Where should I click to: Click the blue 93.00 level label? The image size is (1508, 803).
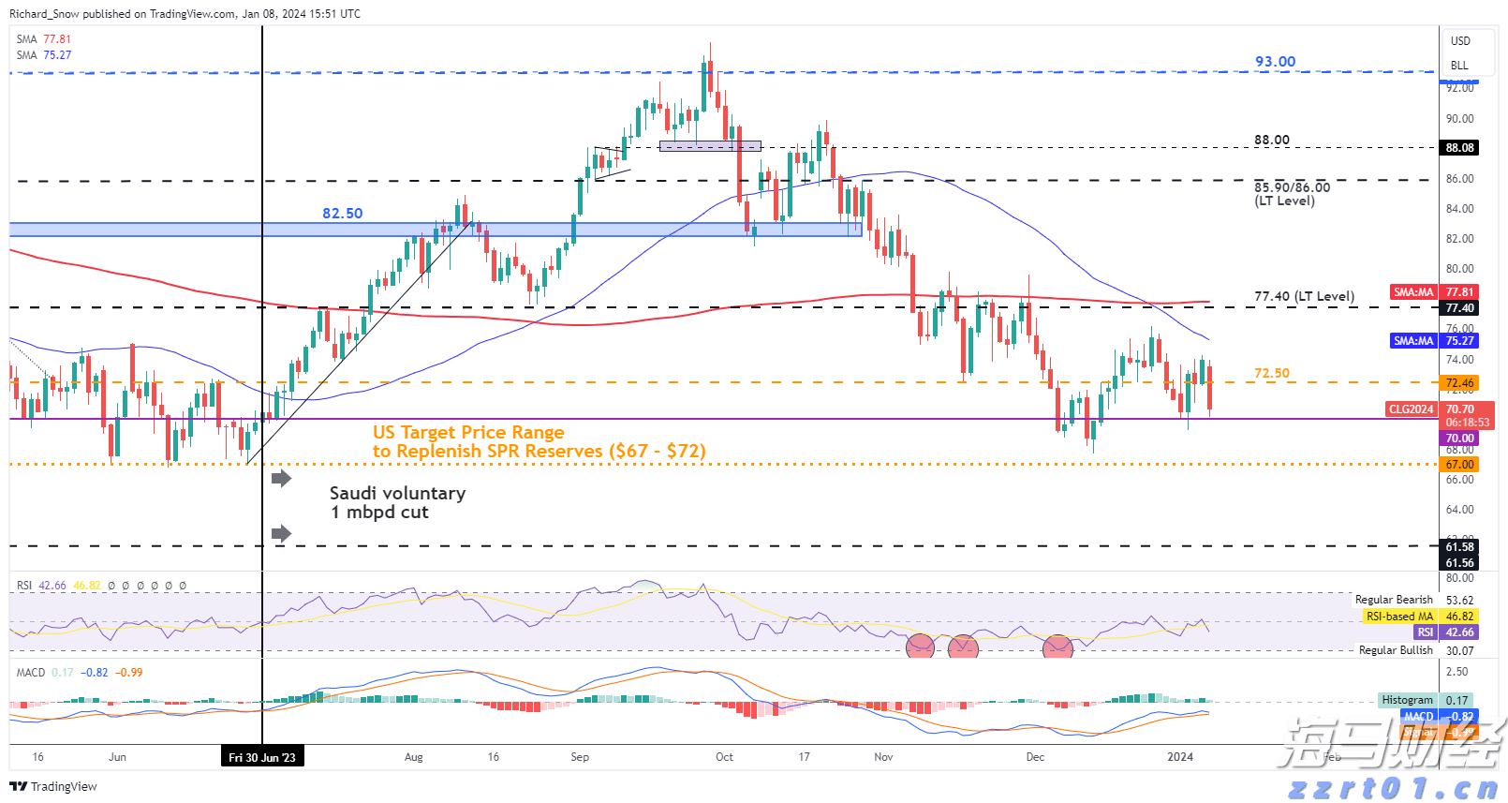1275,62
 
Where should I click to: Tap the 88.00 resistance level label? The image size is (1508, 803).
1272,140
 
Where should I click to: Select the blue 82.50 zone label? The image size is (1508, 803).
342,214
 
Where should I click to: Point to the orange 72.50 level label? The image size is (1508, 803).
1271,373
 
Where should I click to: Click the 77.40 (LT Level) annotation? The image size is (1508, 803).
1304,296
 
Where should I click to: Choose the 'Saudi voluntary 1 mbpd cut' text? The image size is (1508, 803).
397,502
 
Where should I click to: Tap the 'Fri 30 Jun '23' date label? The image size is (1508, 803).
262,757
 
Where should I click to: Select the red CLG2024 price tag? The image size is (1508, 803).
1411,409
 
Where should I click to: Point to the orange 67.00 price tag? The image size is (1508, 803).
1459,465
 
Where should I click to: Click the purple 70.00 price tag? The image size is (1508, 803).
1459,439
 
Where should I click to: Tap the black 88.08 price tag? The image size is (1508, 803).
1459,148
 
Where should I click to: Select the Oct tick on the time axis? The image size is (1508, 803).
724,757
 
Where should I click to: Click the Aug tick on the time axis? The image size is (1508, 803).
413,757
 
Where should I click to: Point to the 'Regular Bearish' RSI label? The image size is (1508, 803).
1393,600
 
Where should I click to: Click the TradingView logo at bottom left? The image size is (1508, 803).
53,786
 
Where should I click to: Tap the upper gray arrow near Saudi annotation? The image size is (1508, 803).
281,479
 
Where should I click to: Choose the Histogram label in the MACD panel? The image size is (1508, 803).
1407,700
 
